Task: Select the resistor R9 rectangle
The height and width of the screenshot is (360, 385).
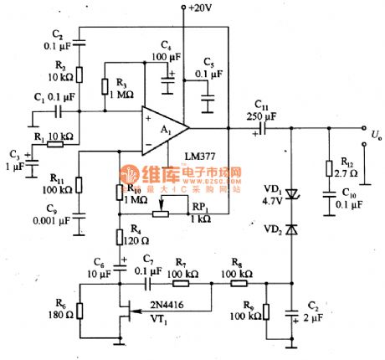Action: [x=265, y=312]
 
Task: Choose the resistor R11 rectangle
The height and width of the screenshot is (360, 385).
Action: [x=78, y=184]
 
